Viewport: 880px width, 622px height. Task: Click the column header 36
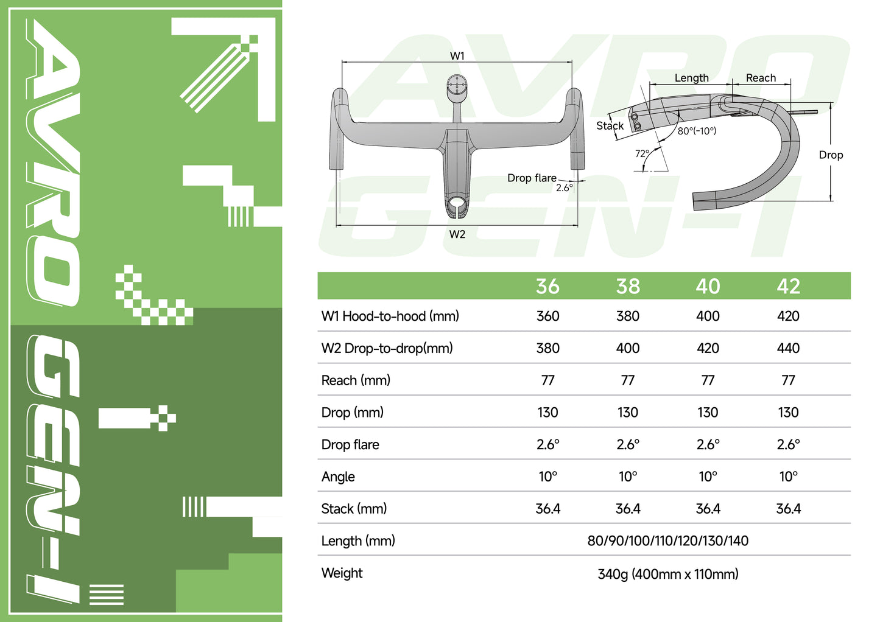point(547,286)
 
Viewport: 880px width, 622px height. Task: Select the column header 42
point(788,286)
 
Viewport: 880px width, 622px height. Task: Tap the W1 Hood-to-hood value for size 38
point(627,316)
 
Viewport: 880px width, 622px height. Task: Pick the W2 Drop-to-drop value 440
point(788,348)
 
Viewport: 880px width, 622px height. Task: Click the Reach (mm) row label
point(356,380)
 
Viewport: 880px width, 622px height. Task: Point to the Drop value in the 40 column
point(708,413)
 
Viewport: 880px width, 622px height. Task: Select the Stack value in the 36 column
point(547,509)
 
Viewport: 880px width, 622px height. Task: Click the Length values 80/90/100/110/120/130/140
point(667,540)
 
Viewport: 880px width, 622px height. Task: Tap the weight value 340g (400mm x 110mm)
point(667,574)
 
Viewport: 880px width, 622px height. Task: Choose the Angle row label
point(338,477)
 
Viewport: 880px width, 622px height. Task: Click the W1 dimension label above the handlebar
point(457,56)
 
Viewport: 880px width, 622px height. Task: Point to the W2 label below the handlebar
point(457,234)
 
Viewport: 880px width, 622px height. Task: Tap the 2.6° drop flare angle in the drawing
point(564,188)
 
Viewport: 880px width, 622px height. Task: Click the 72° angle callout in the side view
point(642,153)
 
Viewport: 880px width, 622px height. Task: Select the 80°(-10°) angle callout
point(697,131)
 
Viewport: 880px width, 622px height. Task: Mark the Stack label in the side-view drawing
point(610,126)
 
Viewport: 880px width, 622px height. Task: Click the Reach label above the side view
point(761,78)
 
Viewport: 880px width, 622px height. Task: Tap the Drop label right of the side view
point(831,155)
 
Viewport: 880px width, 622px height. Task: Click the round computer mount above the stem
point(456,86)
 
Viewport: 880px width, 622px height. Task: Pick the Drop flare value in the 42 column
point(788,445)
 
